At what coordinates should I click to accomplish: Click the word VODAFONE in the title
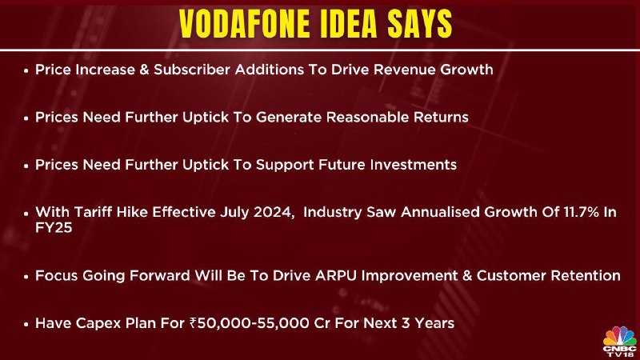(x=244, y=24)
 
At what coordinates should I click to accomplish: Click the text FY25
(x=54, y=228)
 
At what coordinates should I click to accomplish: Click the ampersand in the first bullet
(x=145, y=70)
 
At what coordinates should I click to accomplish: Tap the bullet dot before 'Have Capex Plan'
(x=26, y=325)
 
